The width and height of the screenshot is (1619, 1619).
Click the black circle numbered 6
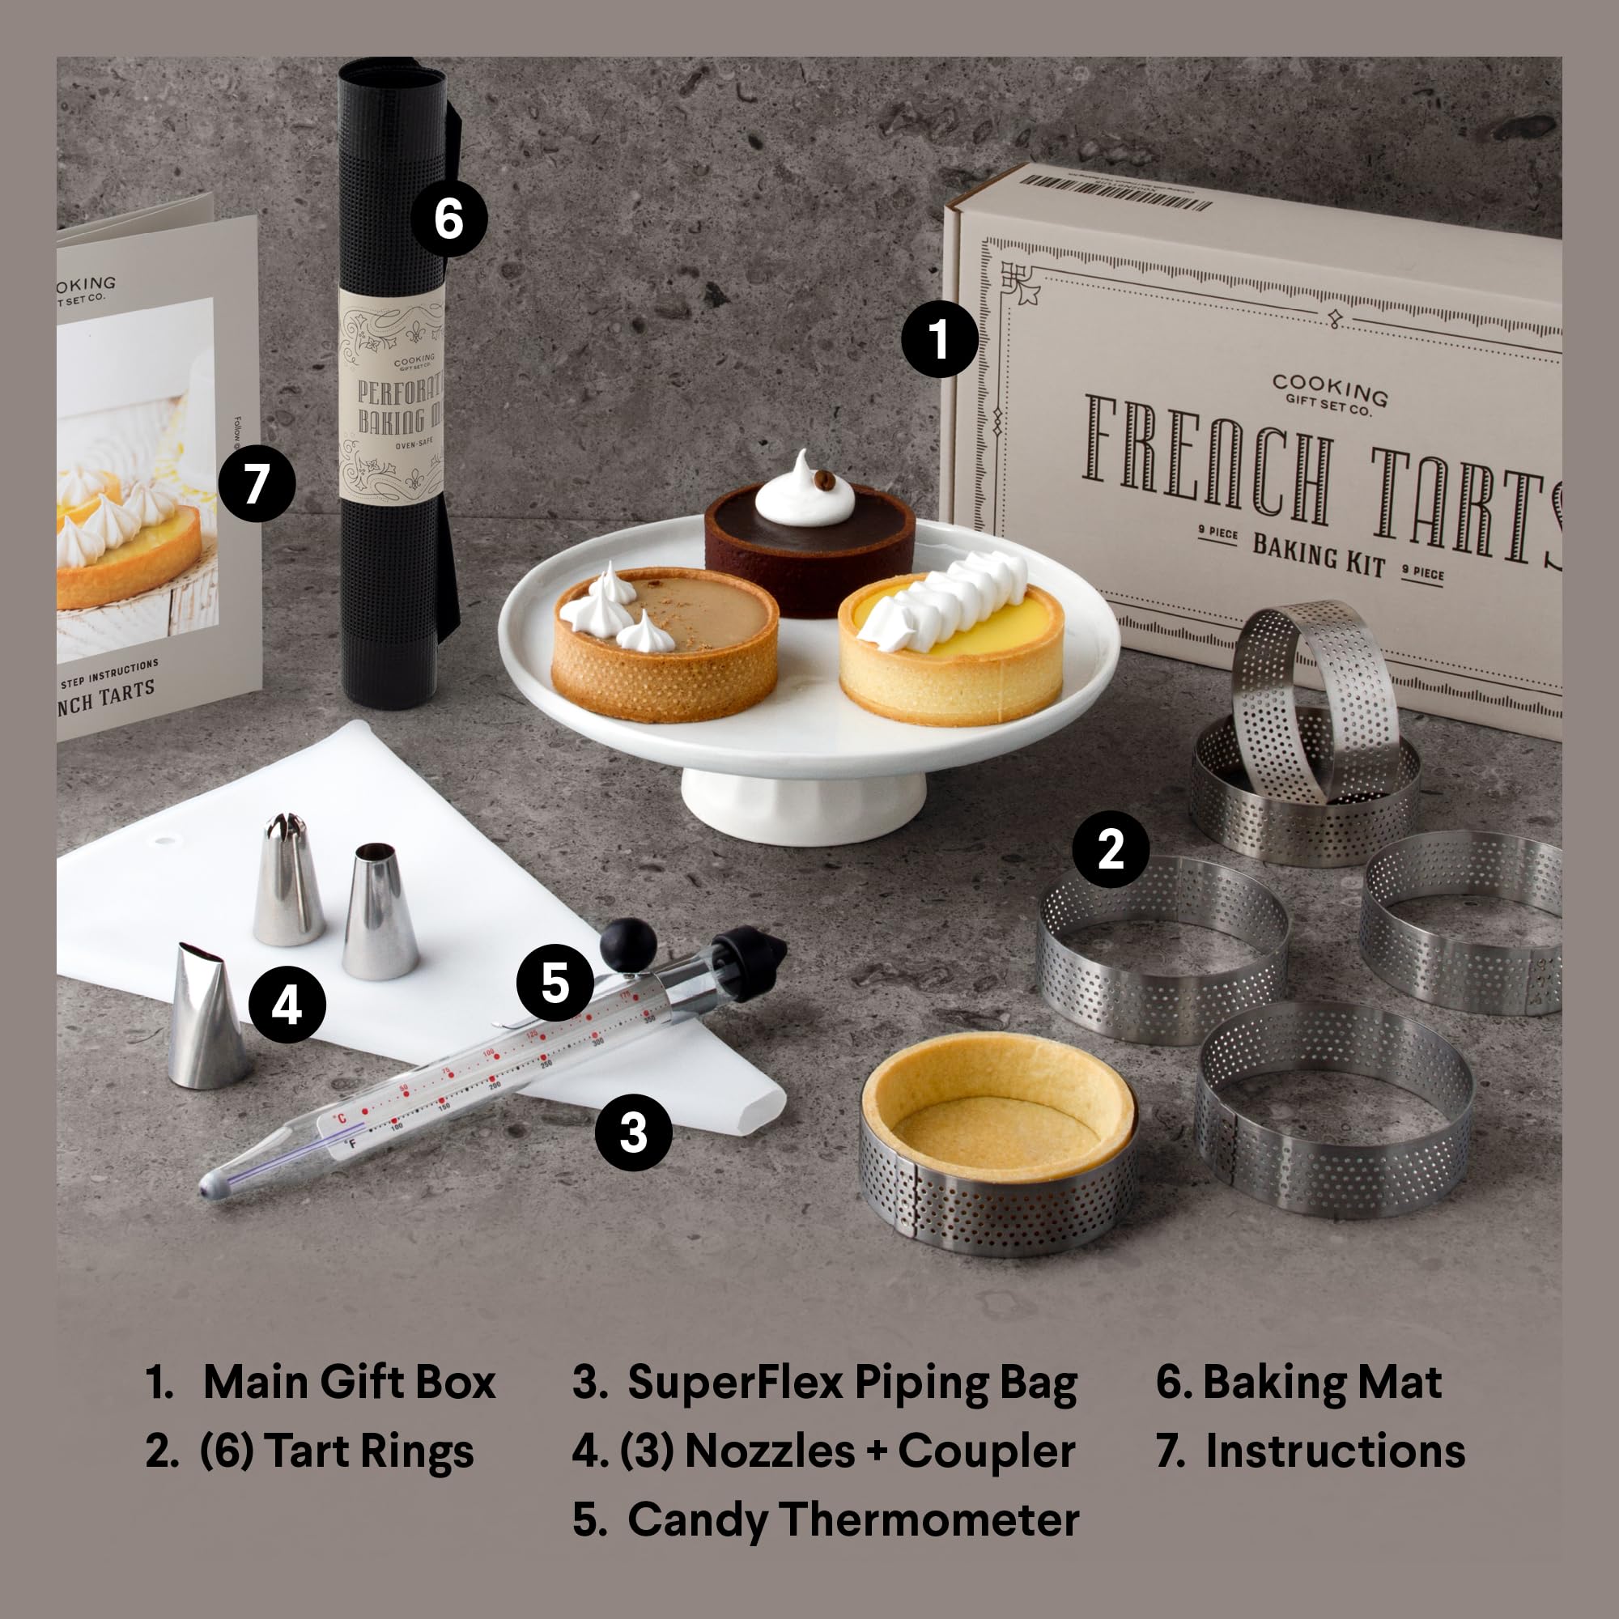click(x=448, y=219)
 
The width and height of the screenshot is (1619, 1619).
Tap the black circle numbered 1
click(x=938, y=338)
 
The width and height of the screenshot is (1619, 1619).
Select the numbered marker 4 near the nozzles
click(x=287, y=1004)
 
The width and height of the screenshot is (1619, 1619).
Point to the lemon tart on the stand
click(x=952, y=649)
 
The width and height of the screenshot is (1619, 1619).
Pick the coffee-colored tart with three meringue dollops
click(x=665, y=645)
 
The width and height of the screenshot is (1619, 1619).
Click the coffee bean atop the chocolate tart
click(x=825, y=480)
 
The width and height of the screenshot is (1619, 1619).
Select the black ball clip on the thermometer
click(x=627, y=945)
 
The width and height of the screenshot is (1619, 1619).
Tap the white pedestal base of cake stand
click(x=802, y=805)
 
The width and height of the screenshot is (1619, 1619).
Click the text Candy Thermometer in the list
click(x=852, y=1520)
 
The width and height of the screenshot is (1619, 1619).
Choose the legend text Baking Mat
click(x=1322, y=1382)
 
